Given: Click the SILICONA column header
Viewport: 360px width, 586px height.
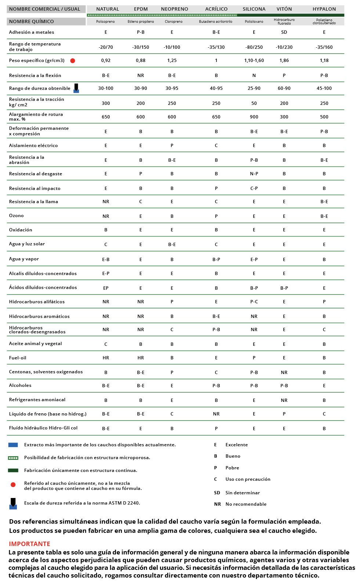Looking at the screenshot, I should pyautogui.click(x=254, y=9).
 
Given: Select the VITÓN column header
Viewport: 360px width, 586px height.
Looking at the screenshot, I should pyautogui.click(x=284, y=9).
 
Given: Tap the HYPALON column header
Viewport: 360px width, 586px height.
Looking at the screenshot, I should pyautogui.click(x=324, y=9).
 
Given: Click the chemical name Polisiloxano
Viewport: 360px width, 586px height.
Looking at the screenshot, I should pyautogui.click(x=254, y=22).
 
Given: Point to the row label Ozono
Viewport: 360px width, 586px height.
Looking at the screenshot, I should pyautogui.click(x=17, y=216).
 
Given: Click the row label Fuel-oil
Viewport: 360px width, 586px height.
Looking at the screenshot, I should pyautogui.click(x=18, y=358).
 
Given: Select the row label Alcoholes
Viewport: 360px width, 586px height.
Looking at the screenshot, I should pyautogui.click(x=20, y=385).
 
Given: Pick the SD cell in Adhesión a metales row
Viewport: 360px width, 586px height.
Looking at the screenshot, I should pyautogui.click(x=284, y=32).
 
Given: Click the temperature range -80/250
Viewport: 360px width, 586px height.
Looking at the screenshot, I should pyautogui.click(x=254, y=47).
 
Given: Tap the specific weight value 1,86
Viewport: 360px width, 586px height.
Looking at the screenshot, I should pyautogui.click(x=284, y=61).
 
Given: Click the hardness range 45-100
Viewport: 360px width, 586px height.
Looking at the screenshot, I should pyautogui.click(x=324, y=88).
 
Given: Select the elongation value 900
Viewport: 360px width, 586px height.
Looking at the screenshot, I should pyautogui.click(x=254, y=117).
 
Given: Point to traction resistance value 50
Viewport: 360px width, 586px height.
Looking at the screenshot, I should pyautogui.click(x=254, y=103).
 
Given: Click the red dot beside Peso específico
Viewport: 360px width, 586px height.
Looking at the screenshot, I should pyautogui.click(x=73, y=61).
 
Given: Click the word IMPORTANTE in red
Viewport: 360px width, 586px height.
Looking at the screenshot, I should pyautogui.click(x=29, y=544).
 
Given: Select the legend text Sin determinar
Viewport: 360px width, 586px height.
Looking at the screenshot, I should pyautogui.click(x=243, y=493).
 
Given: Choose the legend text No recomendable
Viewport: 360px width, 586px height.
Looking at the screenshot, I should pyautogui.click(x=246, y=504).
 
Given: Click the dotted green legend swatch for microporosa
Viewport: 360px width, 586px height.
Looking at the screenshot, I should pyautogui.click(x=13, y=458).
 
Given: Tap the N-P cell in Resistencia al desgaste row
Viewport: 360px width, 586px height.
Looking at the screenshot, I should pyautogui.click(x=254, y=174).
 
